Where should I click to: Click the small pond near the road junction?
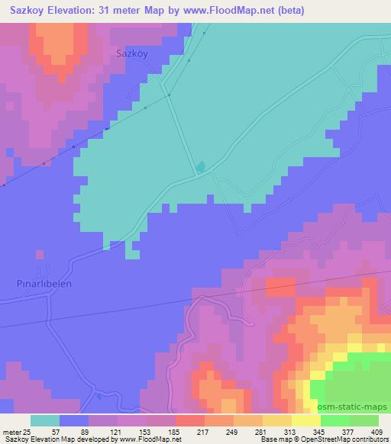tap(200, 166)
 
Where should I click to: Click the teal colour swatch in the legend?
tap(45, 420)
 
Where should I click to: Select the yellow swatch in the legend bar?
tap(306, 420)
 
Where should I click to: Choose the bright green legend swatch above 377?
tap(335, 420)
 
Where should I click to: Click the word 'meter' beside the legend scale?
tap(8, 432)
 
